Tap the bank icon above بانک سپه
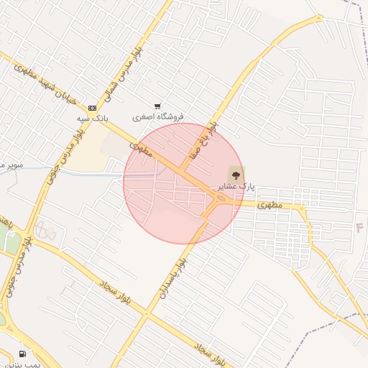[x=91, y=108]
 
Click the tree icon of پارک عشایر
[x=235, y=175]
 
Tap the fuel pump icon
[x=23, y=354]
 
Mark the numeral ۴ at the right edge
[x=360, y=228]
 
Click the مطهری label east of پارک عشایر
[x=287, y=205]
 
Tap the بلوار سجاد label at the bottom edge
[x=208, y=351]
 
